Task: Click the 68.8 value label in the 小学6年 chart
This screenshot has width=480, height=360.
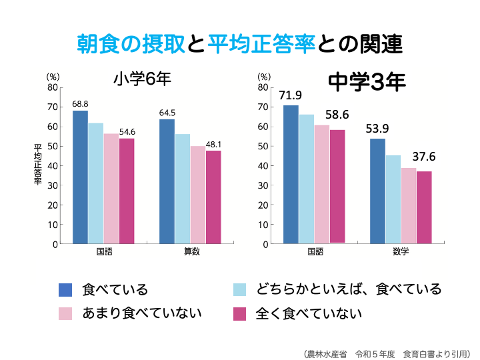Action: [80, 104]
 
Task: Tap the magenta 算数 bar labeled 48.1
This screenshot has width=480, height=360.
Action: [213, 197]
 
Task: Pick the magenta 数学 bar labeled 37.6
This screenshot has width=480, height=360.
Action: [424, 207]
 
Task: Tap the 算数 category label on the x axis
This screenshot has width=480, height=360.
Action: [191, 252]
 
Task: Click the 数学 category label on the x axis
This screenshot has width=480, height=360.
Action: [401, 252]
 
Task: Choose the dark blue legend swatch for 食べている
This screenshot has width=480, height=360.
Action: [65, 289]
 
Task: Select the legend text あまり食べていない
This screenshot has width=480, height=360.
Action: [141, 313]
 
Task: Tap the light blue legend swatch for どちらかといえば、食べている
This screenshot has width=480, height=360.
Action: [239, 289]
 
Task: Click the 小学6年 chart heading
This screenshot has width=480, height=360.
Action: [142, 79]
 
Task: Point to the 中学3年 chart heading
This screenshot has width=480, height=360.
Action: [367, 83]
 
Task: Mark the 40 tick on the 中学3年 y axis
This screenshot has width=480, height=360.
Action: [263, 166]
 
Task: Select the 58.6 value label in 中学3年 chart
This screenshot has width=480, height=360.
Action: [338, 115]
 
